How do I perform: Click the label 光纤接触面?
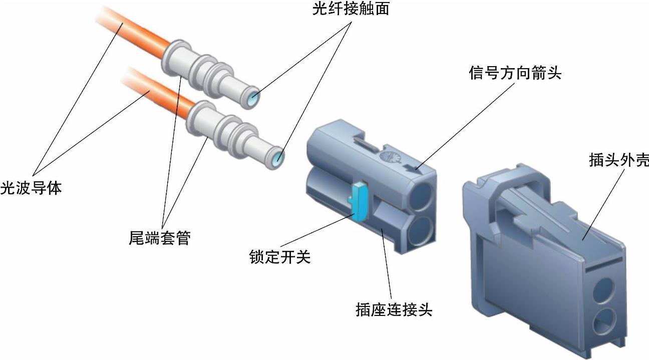351,10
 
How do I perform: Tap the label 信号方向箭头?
515,74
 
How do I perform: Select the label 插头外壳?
619,161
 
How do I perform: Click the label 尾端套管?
160,238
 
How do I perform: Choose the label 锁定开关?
280,257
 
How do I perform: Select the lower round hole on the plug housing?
605,319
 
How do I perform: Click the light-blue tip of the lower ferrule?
279,157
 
